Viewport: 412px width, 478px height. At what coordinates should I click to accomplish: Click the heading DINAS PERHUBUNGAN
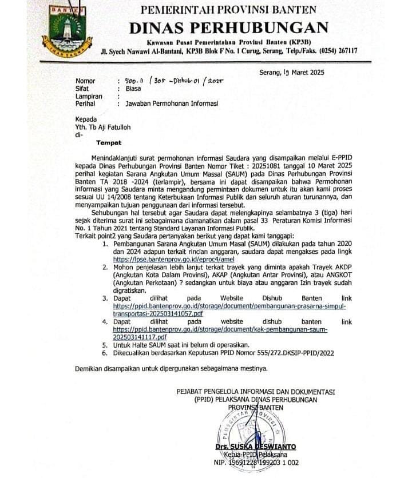click(228, 27)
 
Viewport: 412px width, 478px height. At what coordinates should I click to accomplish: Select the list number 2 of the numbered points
click(105, 266)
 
